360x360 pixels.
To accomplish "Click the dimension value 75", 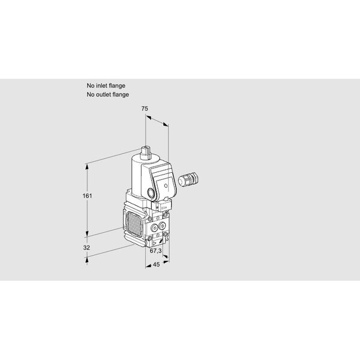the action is (145, 109).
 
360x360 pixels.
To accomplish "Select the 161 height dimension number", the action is (87, 196).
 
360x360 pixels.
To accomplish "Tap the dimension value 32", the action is (86, 248).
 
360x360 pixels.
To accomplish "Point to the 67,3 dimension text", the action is (155, 251).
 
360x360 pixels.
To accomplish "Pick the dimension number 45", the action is (156, 265).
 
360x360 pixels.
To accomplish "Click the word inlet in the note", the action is (101, 86).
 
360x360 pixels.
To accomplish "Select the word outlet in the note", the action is (103, 95).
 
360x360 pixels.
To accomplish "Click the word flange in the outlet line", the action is (121, 95).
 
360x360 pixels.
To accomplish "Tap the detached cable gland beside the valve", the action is (188, 179).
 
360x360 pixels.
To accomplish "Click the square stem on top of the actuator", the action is (146, 152).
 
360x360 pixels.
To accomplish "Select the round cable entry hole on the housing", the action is (151, 193).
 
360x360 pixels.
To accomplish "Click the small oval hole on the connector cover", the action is (166, 185).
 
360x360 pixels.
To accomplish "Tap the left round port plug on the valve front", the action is (154, 227).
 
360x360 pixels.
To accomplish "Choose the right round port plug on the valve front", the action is (162, 226).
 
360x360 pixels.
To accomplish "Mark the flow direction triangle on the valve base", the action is (154, 244).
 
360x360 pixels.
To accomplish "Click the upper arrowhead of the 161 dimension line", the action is (87, 167).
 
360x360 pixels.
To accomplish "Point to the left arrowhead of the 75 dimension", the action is (148, 118).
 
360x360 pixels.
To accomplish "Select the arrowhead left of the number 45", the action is (148, 266).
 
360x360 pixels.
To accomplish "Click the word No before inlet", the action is (91, 86).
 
